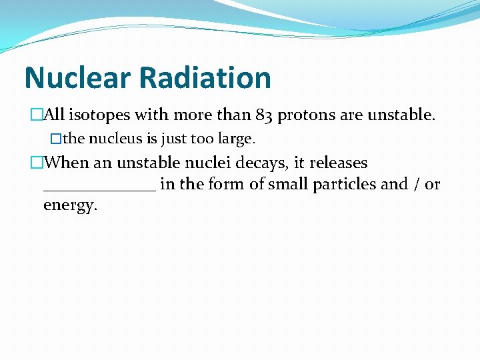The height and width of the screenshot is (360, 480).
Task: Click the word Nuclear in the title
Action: pyautogui.click(x=77, y=78)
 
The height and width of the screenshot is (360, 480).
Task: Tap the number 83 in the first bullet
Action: pyautogui.click(x=264, y=115)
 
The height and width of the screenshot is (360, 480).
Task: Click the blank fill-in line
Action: pyautogui.click(x=99, y=189)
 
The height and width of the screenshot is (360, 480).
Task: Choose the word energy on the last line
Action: pyautogui.click(x=70, y=205)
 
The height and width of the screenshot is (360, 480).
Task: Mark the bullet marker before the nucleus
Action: pyautogui.click(x=56, y=139)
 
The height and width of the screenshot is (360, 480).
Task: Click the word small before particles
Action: pyautogui.click(x=289, y=184)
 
